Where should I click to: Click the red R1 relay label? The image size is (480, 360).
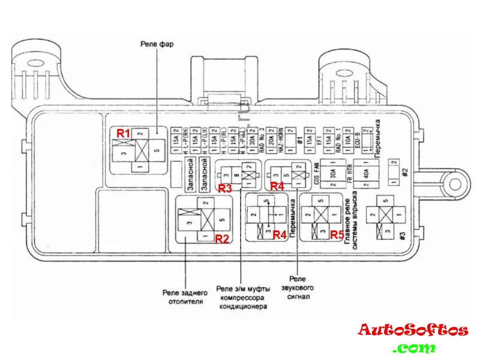[123, 133]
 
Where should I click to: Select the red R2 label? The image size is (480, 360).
[223, 238]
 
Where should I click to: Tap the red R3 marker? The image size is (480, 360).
[225, 188]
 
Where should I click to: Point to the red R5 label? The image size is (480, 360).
[337, 235]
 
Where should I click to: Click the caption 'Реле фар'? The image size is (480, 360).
[157, 44]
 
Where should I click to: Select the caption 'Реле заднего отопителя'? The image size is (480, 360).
[185, 297]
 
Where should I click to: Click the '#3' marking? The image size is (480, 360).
[403, 235]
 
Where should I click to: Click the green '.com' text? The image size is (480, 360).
[414, 348]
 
